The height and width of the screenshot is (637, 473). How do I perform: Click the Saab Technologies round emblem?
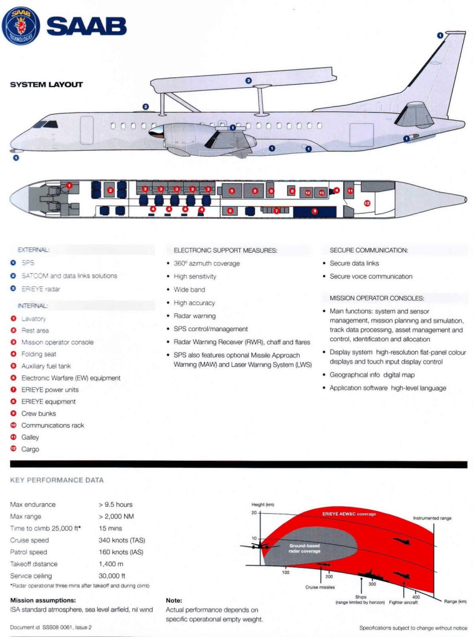pos(21,26)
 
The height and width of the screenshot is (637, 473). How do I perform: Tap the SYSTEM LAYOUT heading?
pos(46,85)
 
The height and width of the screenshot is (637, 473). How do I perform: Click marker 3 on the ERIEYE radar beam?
pos(248,80)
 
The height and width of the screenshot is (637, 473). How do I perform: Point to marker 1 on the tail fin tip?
pos(440,36)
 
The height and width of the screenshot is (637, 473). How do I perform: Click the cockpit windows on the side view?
pos(45,125)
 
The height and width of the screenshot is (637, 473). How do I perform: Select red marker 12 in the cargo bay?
pos(367,202)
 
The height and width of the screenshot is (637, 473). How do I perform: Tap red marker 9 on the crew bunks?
pos(315,211)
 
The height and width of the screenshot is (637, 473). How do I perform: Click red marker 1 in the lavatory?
pos(69,186)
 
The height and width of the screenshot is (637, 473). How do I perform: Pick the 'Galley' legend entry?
pos(30,437)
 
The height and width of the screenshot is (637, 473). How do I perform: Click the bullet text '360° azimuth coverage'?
pos(206,263)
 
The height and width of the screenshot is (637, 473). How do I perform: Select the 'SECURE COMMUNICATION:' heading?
pos(369,250)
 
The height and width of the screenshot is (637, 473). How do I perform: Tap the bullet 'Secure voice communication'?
pos(371,276)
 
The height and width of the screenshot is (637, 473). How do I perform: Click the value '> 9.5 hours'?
pos(115,504)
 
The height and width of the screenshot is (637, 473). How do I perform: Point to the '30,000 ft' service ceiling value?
pos(112,576)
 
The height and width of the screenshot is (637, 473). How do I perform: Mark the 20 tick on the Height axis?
pos(254,513)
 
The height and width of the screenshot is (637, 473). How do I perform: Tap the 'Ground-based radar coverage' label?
pos(305,548)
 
